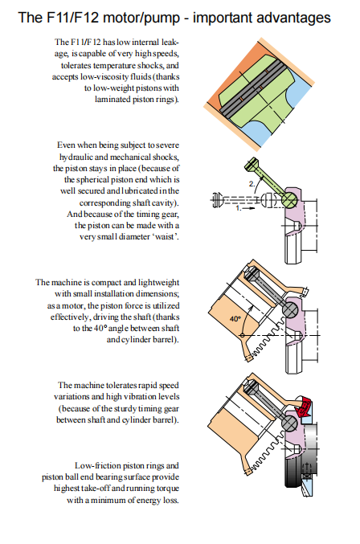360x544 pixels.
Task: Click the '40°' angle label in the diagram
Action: coord(235,318)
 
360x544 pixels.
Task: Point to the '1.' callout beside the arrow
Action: coord(239,208)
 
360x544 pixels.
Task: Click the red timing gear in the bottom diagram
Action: coord(303,405)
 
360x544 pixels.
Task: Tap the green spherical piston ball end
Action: coord(289,200)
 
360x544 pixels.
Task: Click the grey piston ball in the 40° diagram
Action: coord(290,309)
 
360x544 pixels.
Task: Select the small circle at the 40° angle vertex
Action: coord(243,336)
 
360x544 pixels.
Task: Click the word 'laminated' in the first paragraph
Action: coord(112,99)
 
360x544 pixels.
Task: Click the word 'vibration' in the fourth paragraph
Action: coord(141,397)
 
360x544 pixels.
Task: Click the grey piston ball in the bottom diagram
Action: coord(290,423)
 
